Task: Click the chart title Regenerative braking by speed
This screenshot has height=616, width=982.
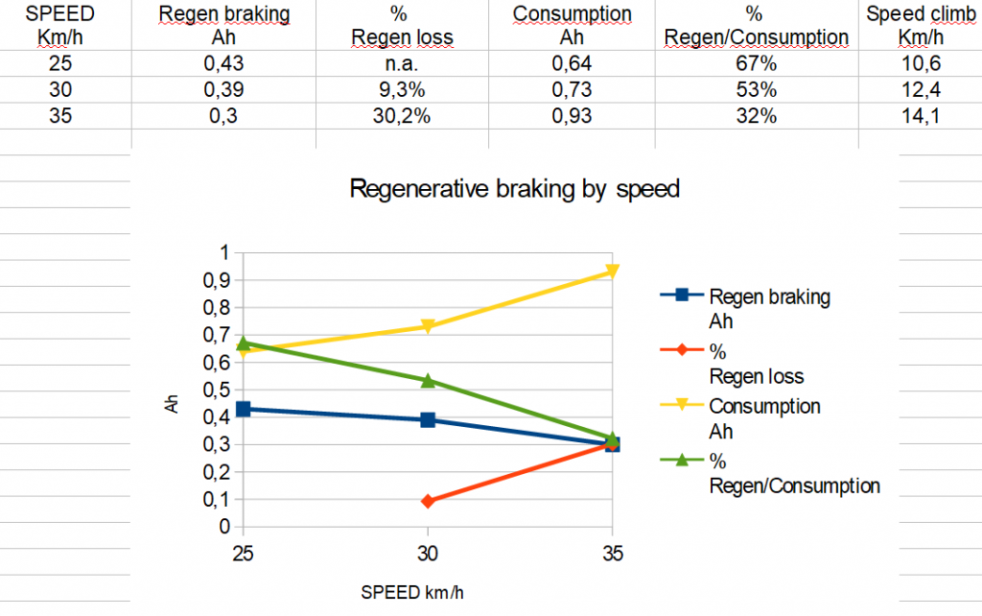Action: (x=515, y=188)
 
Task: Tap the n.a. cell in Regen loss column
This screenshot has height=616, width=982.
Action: (x=402, y=64)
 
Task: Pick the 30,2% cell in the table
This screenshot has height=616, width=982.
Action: (x=402, y=115)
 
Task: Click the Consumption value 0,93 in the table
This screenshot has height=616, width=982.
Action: (x=572, y=115)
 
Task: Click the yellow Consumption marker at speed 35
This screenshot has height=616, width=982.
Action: (x=612, y=272)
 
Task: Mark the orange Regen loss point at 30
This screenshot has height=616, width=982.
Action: (x=428, y=501)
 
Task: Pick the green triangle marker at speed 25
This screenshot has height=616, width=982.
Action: (x=244, y=343)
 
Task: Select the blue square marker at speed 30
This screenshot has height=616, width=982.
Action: (x=428, y=419)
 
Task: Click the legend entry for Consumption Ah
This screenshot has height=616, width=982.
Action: (x=764, y=418)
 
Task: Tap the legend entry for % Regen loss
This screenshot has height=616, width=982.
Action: (x=756, y=364)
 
